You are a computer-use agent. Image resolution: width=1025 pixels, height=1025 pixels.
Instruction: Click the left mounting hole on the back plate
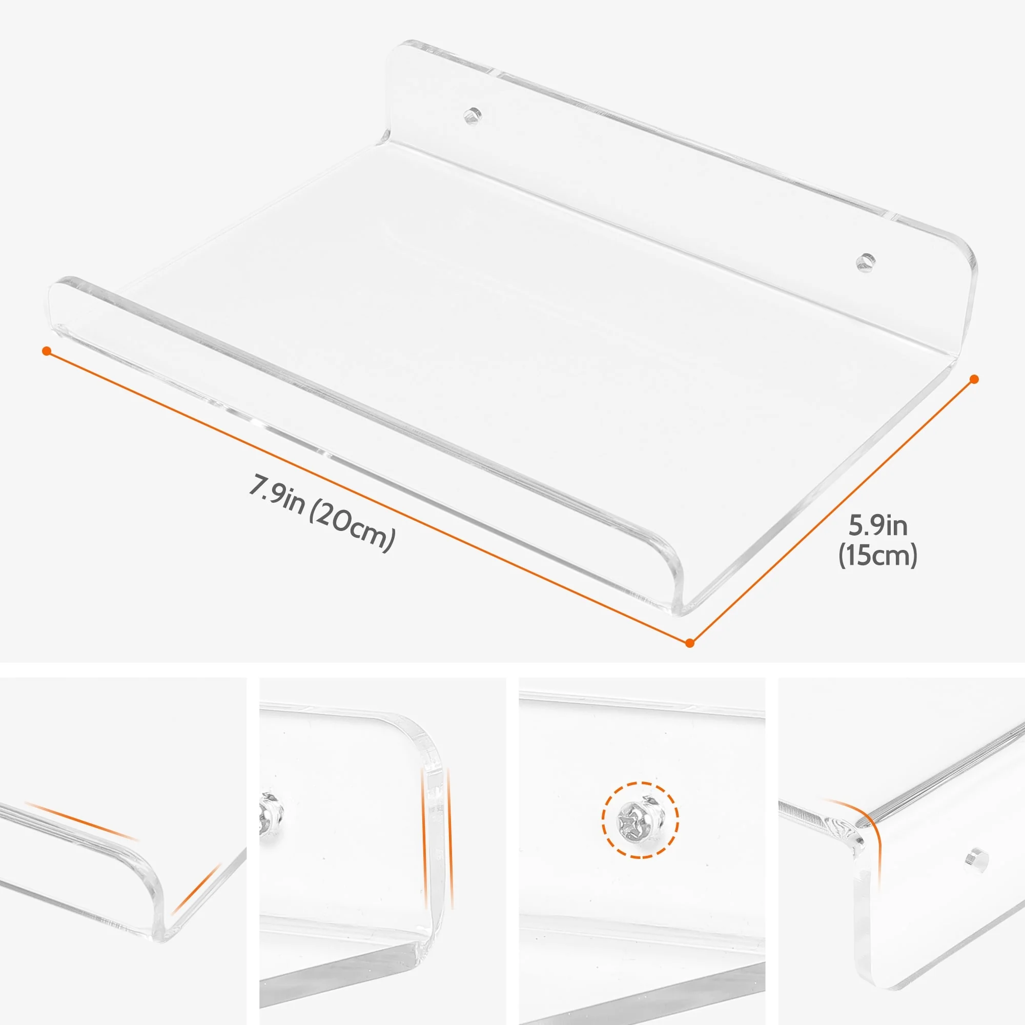coord(472,114)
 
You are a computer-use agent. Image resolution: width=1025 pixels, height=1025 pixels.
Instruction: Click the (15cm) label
coord(877,556)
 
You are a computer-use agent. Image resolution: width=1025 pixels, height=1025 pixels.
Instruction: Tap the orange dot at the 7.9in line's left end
coord(47,351)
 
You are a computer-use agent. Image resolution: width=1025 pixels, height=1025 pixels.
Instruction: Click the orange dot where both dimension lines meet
coord(689,643)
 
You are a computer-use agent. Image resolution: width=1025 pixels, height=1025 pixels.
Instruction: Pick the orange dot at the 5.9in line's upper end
coord(974,379)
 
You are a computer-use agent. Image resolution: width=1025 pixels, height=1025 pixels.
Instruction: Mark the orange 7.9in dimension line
coord(367,497)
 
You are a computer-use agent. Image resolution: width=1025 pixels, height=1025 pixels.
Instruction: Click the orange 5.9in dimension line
coord(831,511)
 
